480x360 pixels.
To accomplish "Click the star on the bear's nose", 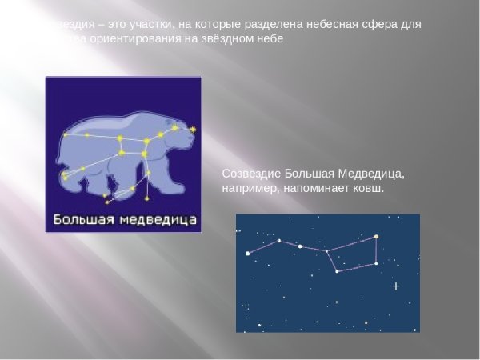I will [193, 129].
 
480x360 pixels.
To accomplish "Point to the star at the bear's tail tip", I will [65, 135].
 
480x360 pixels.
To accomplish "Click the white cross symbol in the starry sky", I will [395, 286].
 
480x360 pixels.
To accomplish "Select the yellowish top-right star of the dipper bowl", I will [375, 237].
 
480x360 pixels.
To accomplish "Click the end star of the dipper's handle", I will [248, 254].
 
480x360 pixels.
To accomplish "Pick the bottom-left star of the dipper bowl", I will [337, 271].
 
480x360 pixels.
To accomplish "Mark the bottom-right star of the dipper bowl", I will [376, 263].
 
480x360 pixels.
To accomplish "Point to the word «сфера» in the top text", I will [364, 24].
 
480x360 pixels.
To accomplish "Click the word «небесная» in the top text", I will [315, 24].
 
